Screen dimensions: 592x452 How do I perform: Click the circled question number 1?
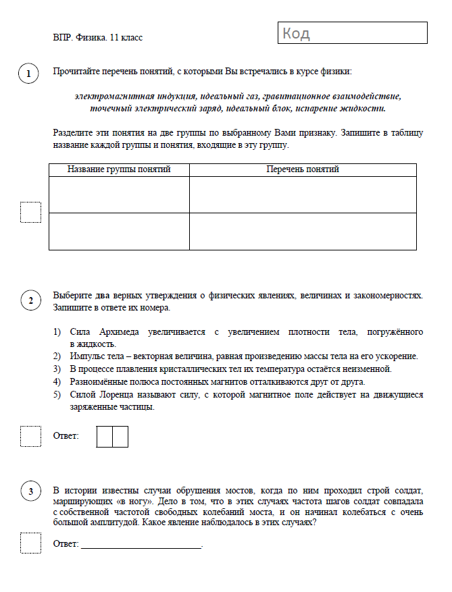28,74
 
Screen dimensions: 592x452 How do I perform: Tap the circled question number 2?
30,300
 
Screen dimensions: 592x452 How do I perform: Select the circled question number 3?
30,491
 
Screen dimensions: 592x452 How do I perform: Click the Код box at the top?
352,33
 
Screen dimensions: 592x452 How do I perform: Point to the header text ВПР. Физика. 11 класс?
98,38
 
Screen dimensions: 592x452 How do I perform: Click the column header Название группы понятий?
119,169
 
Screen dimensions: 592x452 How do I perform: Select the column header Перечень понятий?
303,169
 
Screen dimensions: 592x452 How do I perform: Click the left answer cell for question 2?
105,436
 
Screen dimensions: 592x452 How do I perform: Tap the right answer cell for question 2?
120,436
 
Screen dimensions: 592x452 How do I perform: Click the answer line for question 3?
141,544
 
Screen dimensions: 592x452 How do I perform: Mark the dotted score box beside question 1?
30,213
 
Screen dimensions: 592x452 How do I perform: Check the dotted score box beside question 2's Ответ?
30,436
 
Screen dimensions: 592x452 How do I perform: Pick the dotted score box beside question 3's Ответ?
30,543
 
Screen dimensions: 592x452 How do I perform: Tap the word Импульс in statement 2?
88,356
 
